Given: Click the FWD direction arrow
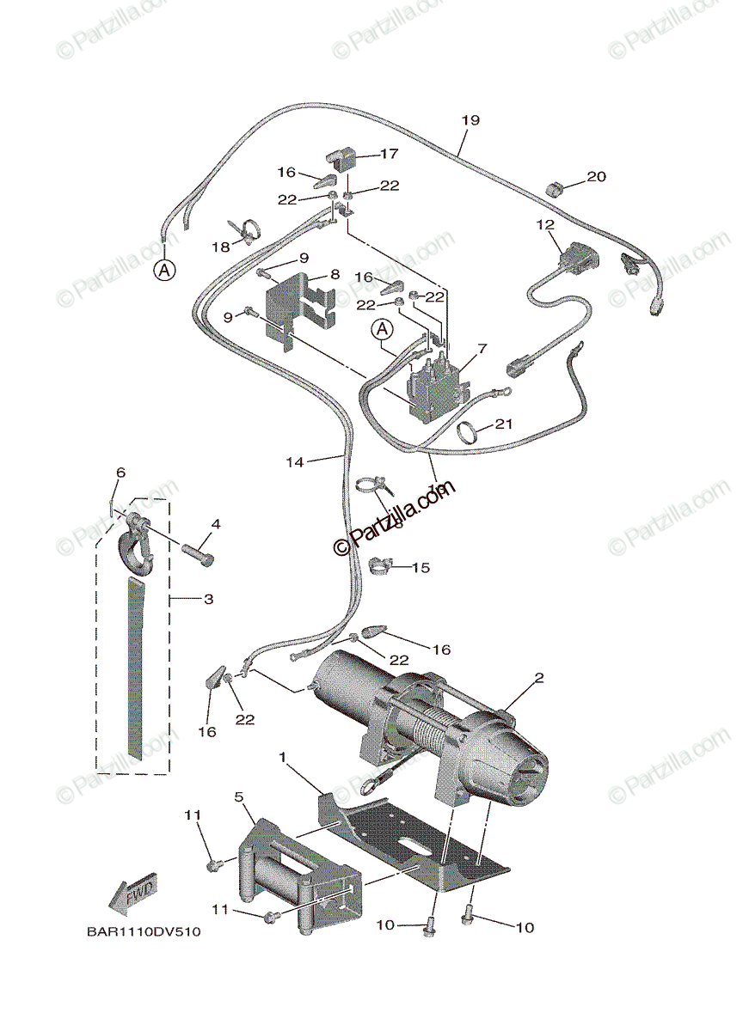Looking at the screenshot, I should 133,894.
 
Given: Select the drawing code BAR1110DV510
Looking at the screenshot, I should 143,931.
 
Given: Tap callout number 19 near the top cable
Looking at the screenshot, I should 470,120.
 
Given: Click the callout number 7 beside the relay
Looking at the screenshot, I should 482,349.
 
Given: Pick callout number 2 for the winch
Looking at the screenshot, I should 539,678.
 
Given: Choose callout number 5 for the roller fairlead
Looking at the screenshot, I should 239,797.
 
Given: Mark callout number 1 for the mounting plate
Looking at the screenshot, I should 281,757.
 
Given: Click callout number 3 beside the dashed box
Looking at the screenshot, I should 208,599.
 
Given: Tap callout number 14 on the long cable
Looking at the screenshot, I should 295,461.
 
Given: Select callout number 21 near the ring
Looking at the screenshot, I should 504,424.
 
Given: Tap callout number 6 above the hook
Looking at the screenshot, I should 120,473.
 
